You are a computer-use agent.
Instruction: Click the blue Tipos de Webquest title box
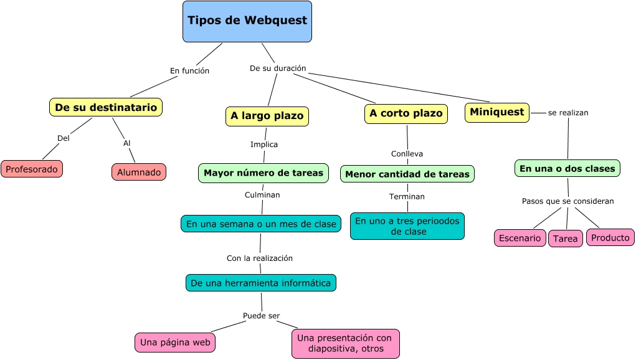(247, 21)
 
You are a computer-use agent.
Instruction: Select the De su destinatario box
(106, 107)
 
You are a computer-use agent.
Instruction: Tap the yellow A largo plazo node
(267, 116)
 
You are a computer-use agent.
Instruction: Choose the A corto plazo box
(406, 113)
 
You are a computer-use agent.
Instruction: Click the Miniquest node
(496, 112)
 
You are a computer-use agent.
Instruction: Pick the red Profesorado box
(32, 169)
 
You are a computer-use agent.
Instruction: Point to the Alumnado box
(139, 172)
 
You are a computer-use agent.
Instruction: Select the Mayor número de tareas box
(263, 173)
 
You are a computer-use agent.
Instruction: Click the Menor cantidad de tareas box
(407, 174)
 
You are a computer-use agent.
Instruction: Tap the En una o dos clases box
(567, 168)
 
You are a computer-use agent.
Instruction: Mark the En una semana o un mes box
(261, 224)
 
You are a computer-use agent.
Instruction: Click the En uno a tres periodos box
(407, 226)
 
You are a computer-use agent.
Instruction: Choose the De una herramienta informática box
(261, 283)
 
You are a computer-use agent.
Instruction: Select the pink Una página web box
(175, 342)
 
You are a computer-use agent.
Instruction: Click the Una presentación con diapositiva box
(345, 343)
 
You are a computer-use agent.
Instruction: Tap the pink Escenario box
(520, 238)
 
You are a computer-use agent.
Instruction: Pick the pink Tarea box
(566, 239)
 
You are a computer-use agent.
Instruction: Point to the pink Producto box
(610, 237)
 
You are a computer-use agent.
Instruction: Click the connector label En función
(189, 71)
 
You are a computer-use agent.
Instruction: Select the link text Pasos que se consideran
(567, 201)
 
